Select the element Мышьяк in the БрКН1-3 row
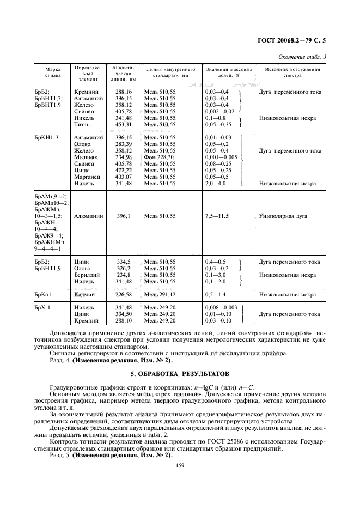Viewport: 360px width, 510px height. click(x=84, y=157)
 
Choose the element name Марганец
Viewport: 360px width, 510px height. click(x=87, y=177)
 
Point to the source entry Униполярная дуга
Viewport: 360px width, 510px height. click(x=283, y=216)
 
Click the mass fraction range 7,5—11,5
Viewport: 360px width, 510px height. click(x=217, y=216)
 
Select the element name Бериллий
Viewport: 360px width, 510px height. click(x=87, y=275)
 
